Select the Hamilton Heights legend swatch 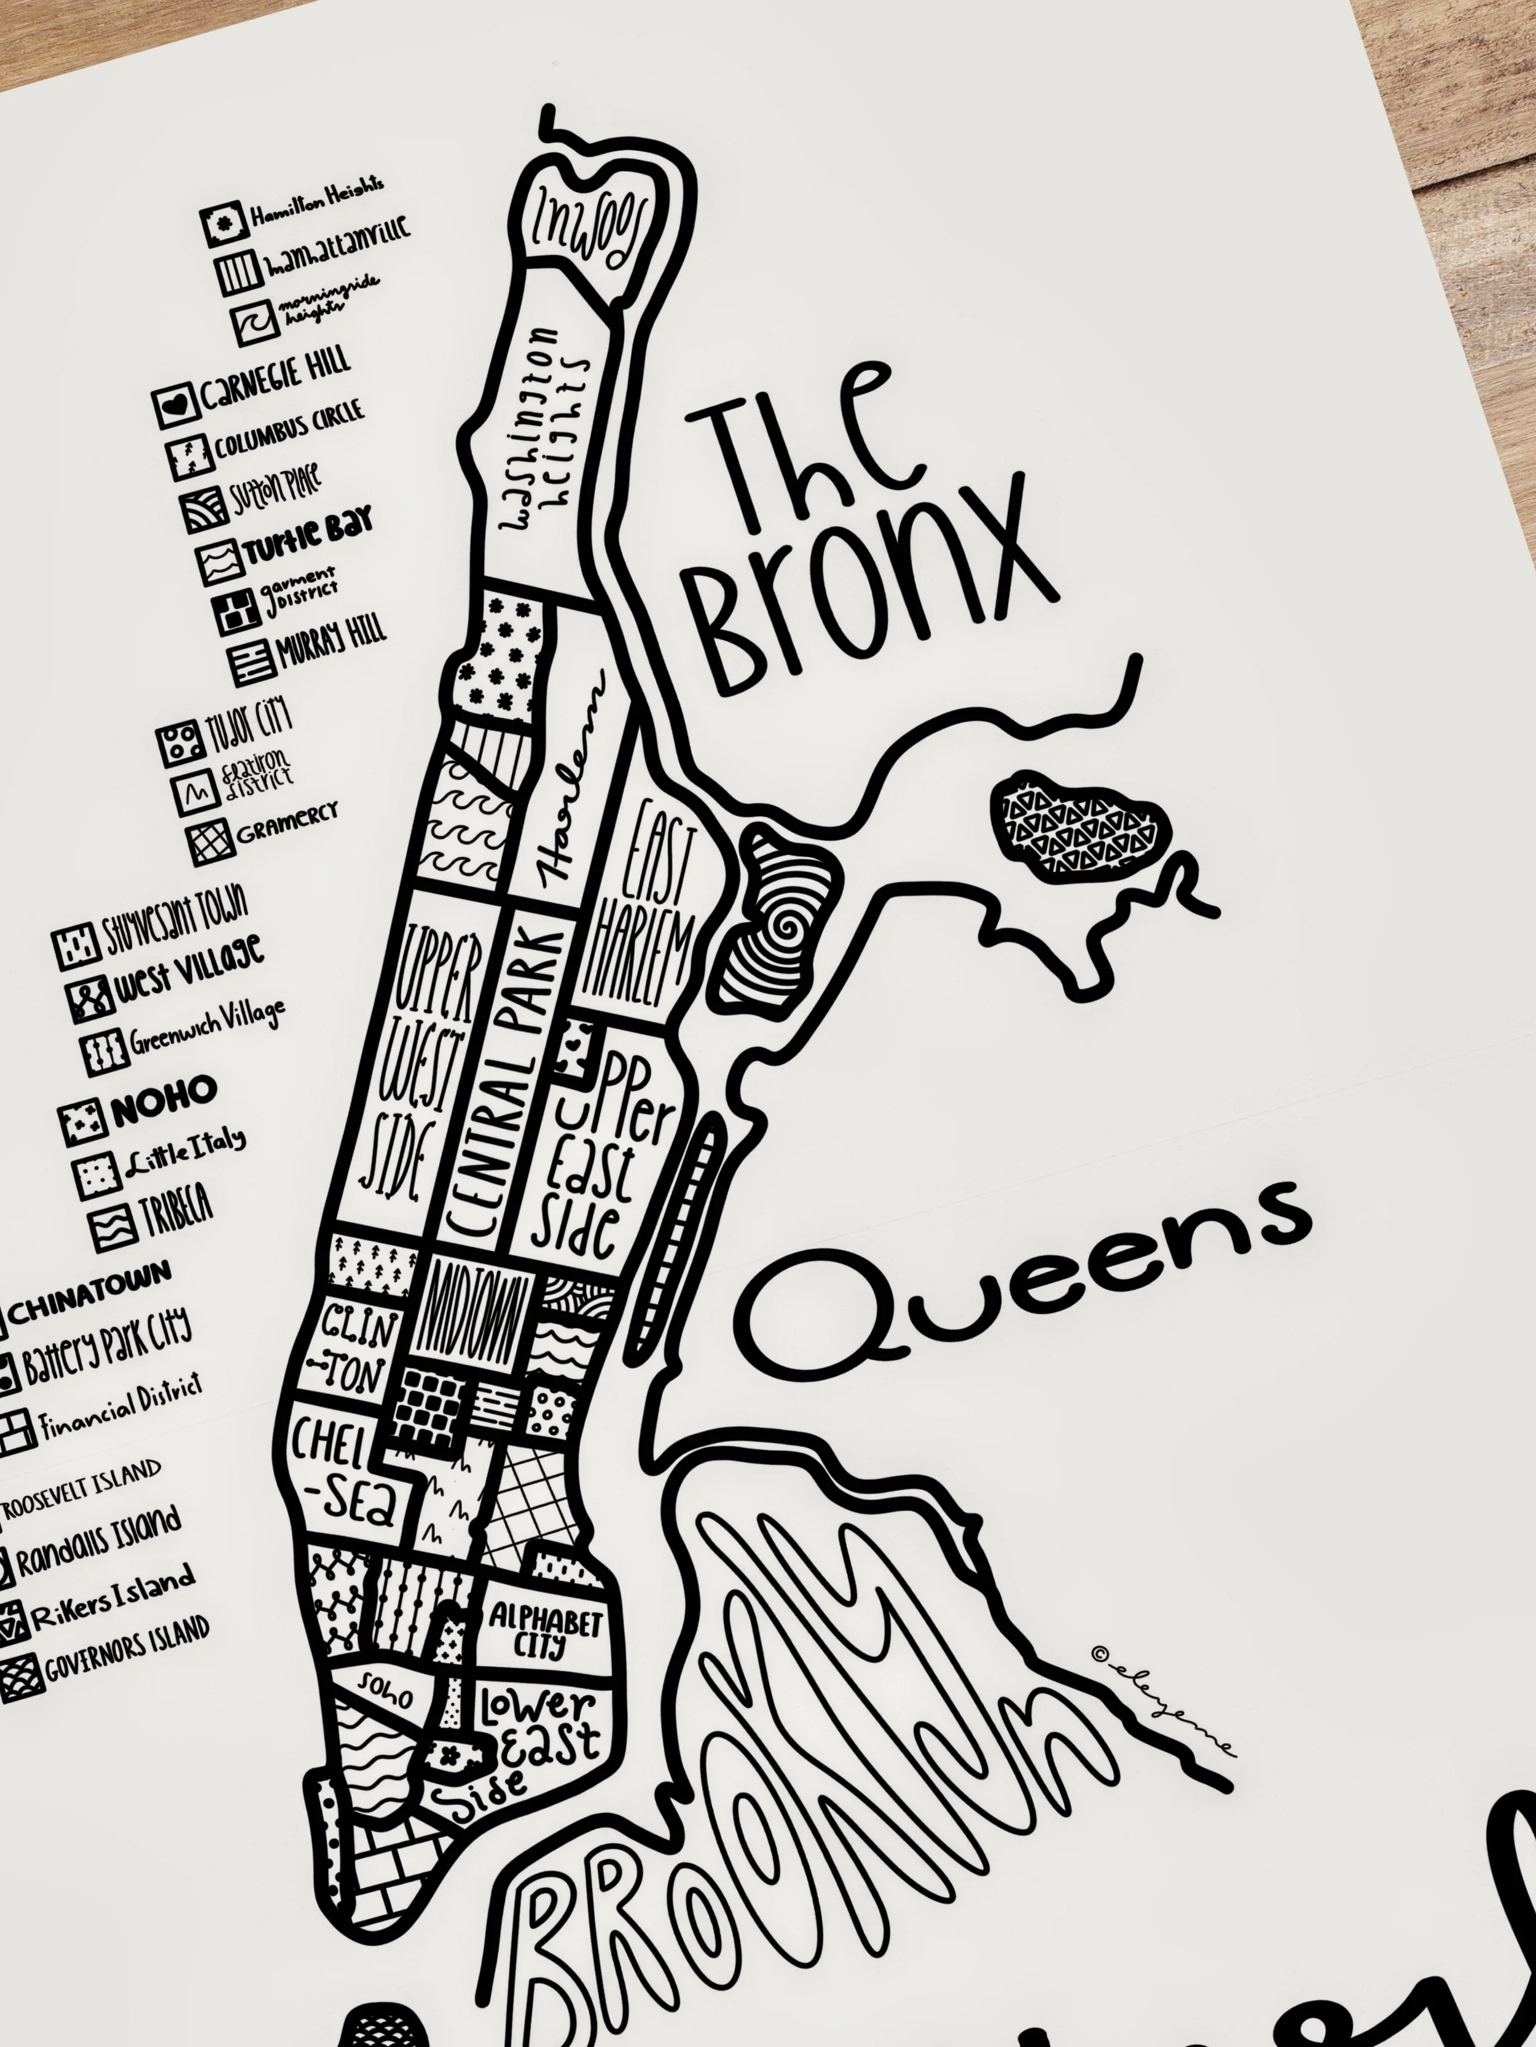coord(223,223)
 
